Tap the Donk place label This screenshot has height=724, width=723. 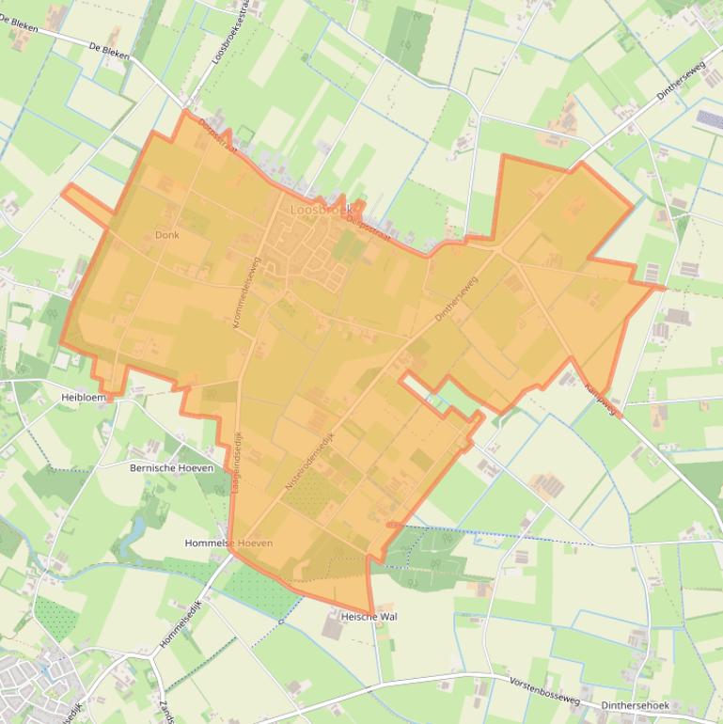pyautogui.click(x=166, y=235)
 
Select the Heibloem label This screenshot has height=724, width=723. pyautogui.click(x=85, y=398)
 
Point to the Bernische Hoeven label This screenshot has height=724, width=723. pyautogui.click(x=171, y=467)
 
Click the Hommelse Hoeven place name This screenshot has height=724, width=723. pyautogui.click(x=228, y=543)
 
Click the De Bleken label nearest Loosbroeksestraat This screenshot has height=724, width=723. pyautogui.click(x=109, y=47)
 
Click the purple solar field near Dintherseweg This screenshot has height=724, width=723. pyautogui.click(x=709, y=120)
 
